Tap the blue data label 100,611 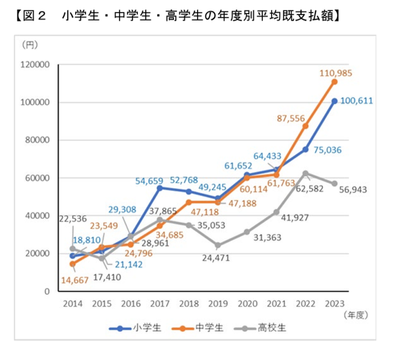point(356,101)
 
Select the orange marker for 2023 point(335,82)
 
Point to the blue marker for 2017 point(160,188)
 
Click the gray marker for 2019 point(218,245)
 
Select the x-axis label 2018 point(189,303)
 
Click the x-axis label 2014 point(73,303)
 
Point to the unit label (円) point(30,45)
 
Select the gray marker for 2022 point(306,173)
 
